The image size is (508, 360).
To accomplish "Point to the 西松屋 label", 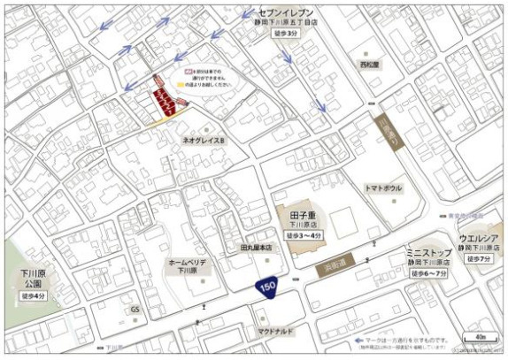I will [x=370, y=65].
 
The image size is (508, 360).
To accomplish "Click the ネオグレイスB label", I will [x=204, y=141].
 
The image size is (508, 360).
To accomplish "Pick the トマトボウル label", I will [x=383, y=188].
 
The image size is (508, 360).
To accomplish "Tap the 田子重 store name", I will [x=304, y=215].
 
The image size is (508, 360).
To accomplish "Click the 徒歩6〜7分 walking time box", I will [x=430, y=275].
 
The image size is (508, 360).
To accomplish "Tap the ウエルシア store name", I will [x=475, y=239].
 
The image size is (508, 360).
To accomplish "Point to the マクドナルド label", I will [x=277, y=332].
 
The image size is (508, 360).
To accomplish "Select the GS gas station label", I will [x=135, y=310].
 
